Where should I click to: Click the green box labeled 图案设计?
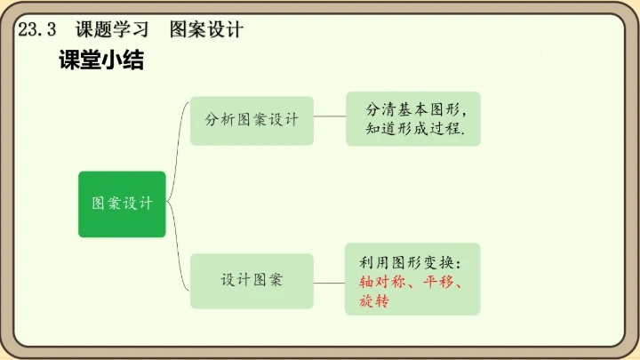[x=122, y=204]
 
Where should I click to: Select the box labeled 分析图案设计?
[x=252, y=120]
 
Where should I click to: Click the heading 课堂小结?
[x=100, y=61]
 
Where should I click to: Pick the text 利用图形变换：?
[x=411, y=263]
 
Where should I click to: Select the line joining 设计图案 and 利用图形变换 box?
[x=330, y=278]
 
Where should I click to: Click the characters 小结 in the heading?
[x=124, y=61]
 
